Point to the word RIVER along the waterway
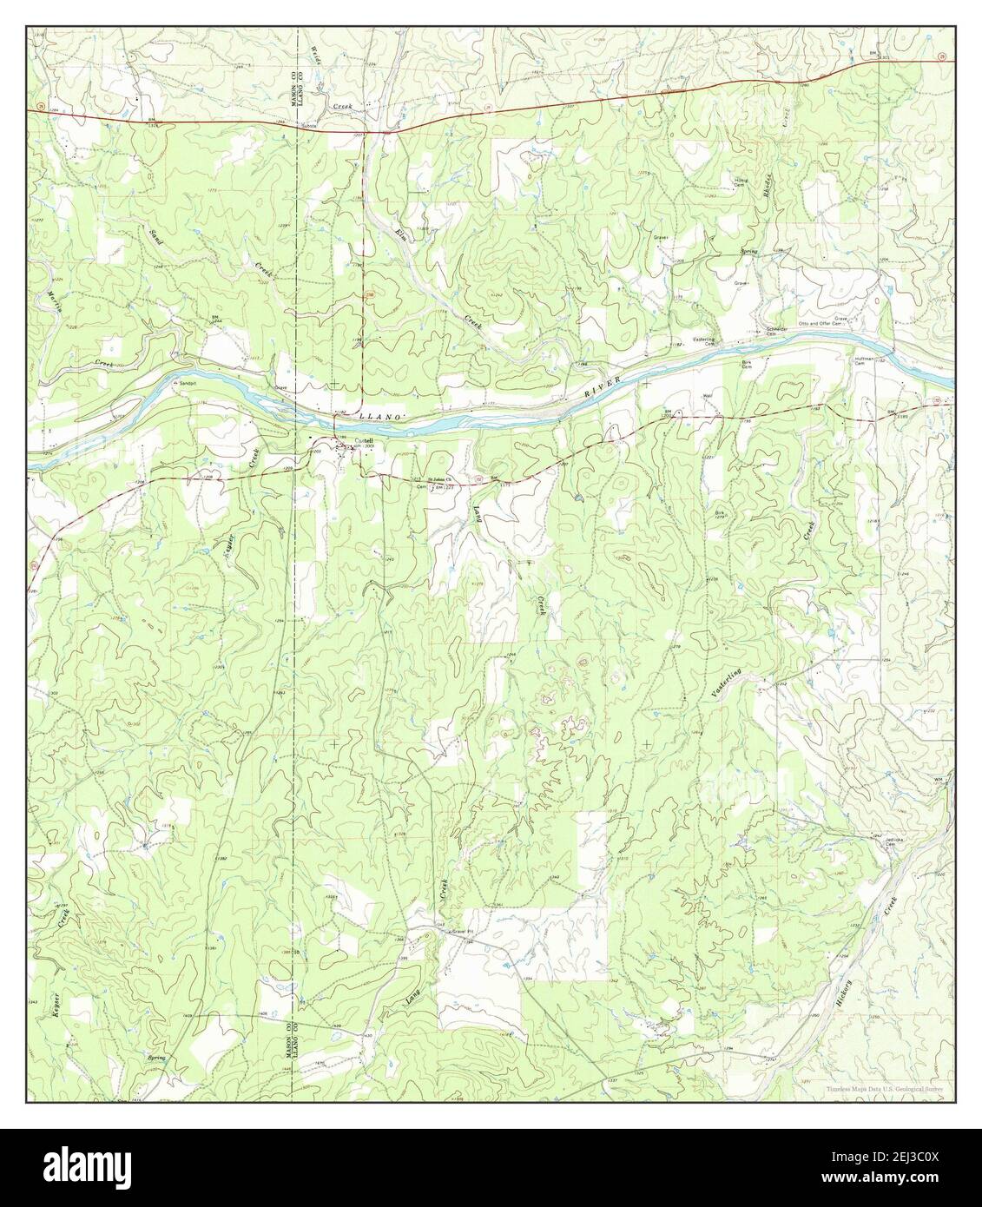pyautogui.click(x=600, y=390)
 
